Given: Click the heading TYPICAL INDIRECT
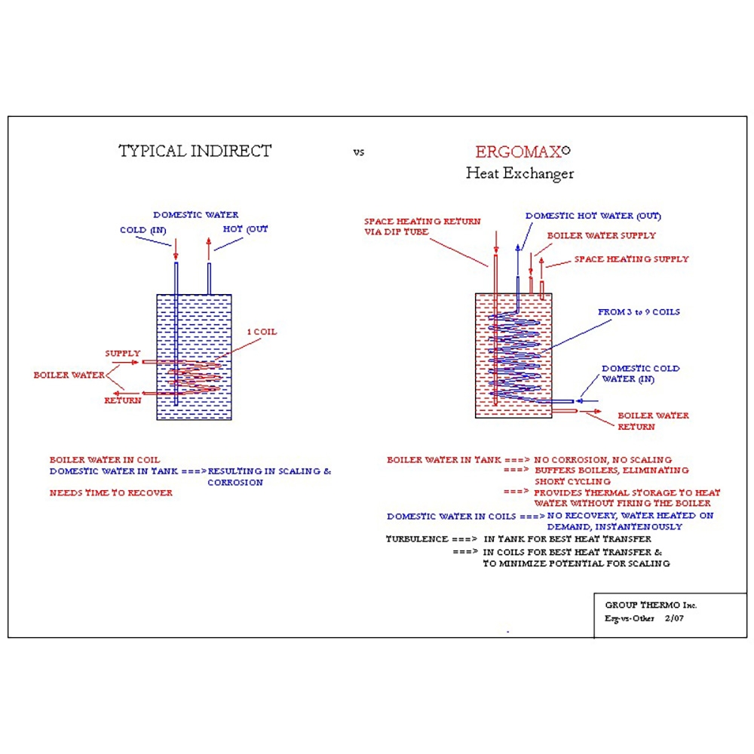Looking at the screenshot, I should pos(195,151).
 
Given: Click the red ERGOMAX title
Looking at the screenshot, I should pos(520,152).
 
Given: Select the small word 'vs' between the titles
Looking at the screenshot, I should pos(358,152).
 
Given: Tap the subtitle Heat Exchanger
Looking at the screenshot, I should pos(520,173).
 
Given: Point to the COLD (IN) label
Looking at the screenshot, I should pos(143,230).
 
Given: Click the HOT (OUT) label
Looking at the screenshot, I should pos(245,229).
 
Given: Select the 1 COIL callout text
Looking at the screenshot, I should pos(262,332).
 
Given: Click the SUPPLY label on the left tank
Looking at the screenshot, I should pos(122,353).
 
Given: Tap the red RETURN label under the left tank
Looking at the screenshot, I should pos(122,400).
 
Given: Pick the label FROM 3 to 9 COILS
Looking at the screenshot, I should pos(639,312).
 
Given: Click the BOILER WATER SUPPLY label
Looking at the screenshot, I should pos(601,235).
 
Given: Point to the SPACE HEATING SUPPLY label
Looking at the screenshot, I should pos(631,259).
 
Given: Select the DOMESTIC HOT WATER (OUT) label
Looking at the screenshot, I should pos(593,216).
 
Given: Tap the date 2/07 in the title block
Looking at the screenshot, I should pos(673,618).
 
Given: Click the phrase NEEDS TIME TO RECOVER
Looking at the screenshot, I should pos(111,493).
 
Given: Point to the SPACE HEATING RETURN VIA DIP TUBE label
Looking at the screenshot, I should pos(422,227).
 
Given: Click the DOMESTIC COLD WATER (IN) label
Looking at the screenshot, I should pos(640,374).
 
